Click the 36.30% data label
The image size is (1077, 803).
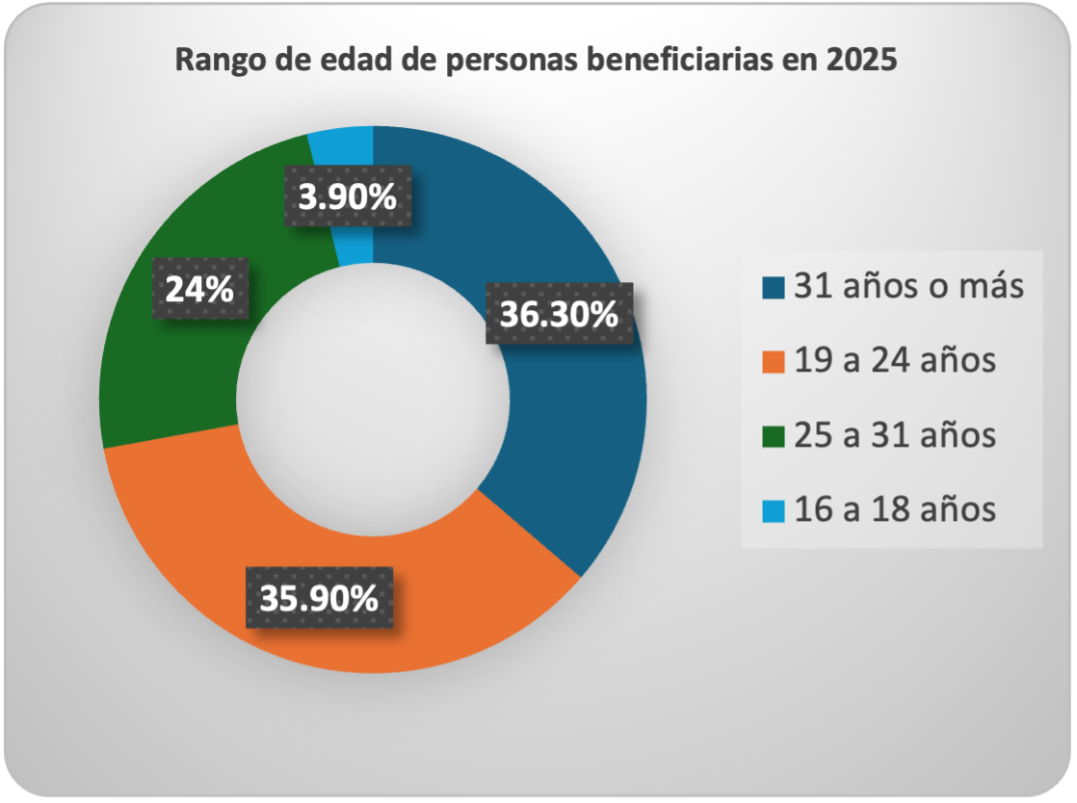(x=560, y=314)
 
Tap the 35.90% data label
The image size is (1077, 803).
(x=319, y=599)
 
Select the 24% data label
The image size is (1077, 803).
(x=199, y=288)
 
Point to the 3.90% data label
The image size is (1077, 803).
(x=348, y=197)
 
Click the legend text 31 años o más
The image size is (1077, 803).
(x=908, y=287)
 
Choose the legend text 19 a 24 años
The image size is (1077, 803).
(x=895, y=361)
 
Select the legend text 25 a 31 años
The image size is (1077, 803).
(x=895, y=435)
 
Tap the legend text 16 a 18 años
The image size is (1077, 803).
(x=895, y=508)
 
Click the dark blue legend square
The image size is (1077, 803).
(x=773, y=288)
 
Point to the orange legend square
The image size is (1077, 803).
(x=773, y=362)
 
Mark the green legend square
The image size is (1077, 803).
(x=773, y=436)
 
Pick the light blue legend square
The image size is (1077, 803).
(x=773, y=509)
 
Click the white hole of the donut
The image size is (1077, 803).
(x=373, y=400)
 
